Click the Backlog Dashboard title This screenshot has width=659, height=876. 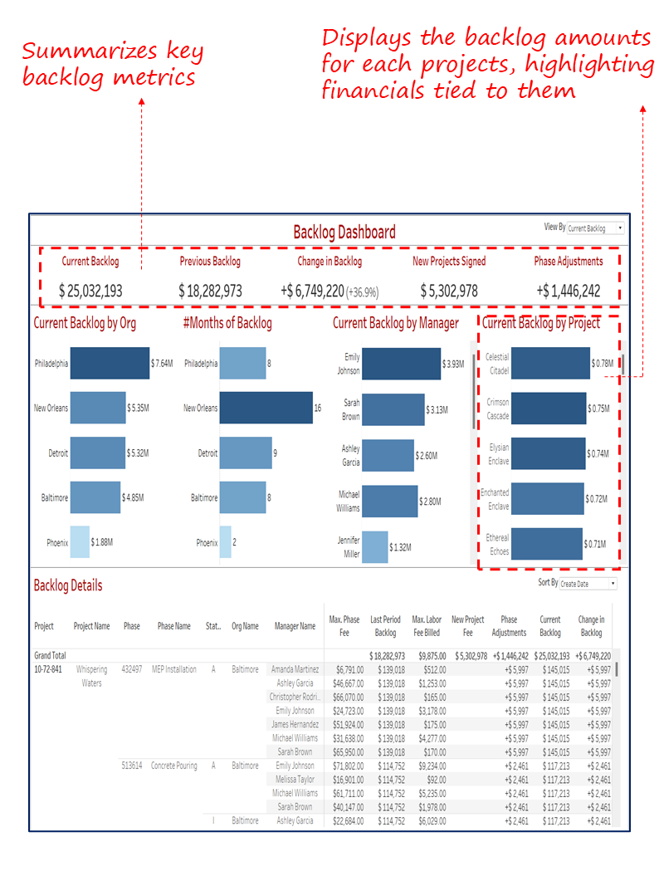tap(344, 232)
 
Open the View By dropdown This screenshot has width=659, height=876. tap(595, 228)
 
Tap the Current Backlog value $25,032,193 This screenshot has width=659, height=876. tap(91, 291)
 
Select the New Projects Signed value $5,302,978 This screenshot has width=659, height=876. tap(449, 291)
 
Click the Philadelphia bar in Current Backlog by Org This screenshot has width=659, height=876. tap(110, 364)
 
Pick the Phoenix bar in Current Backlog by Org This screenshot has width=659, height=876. tap(80, 542)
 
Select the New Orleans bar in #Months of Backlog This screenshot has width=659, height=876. tap(266, 409)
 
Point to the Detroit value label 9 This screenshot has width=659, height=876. tap(276, 453)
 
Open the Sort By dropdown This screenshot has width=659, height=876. tap(589, 584)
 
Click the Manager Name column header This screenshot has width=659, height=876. tap(295, 627)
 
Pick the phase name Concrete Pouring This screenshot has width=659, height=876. tap(174, 766)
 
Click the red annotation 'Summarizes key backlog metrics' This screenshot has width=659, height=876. tap(112, 64)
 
